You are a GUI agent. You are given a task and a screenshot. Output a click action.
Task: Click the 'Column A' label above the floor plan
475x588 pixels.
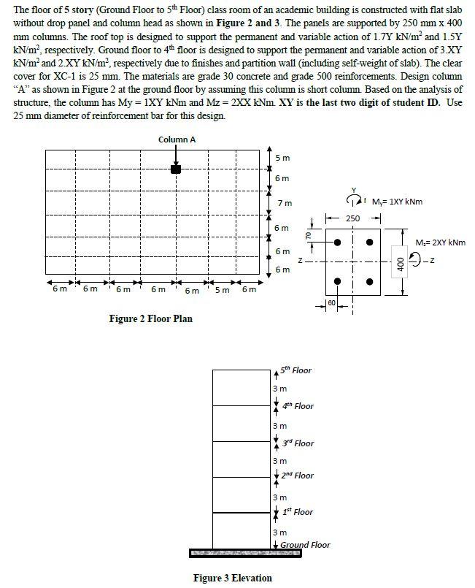tap(177, 140)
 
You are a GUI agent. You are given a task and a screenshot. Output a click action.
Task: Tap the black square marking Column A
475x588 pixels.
tap(176, 169)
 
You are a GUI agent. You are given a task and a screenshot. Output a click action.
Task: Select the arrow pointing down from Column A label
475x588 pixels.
tap(176, 155)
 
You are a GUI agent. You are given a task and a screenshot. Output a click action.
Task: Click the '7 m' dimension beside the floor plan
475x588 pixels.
tap(286, 202)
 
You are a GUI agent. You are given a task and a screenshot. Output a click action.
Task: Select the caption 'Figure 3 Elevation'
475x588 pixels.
tap(232, 578)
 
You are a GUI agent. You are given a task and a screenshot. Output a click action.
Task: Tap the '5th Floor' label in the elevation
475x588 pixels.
tap(296, 370)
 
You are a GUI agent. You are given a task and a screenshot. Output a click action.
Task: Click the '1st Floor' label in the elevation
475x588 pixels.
tap(298, 512)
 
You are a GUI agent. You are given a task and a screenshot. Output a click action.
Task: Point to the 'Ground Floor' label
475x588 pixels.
tap(305, 545)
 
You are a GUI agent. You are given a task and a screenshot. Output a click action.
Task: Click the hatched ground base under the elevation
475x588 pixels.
tap(244, 553)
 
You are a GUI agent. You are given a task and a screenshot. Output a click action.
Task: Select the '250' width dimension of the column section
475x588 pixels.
tap(353, 218)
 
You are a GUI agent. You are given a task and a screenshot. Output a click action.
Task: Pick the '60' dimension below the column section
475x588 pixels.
tap(332, 302)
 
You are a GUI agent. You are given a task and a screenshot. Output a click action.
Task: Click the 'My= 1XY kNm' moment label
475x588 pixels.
tap(397, 202)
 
